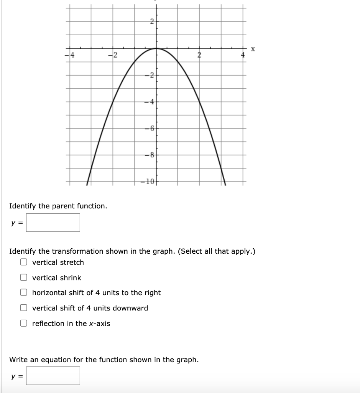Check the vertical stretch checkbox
coord(24,263)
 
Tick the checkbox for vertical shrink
coord(24,277)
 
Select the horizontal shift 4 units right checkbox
coord(24,293)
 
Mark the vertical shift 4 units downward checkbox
coord(24,308)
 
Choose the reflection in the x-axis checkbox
coord(24,324)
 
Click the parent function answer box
coord(53,223)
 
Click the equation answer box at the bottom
coord(53,376)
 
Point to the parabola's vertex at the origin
coord(156,48)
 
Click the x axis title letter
coord(253,49)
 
